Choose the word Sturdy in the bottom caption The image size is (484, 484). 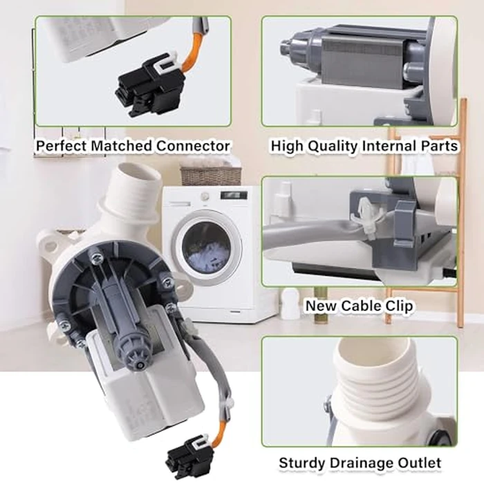[303, 463]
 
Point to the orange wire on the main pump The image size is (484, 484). [220, 432]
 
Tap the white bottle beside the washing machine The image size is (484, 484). [290, 304]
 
